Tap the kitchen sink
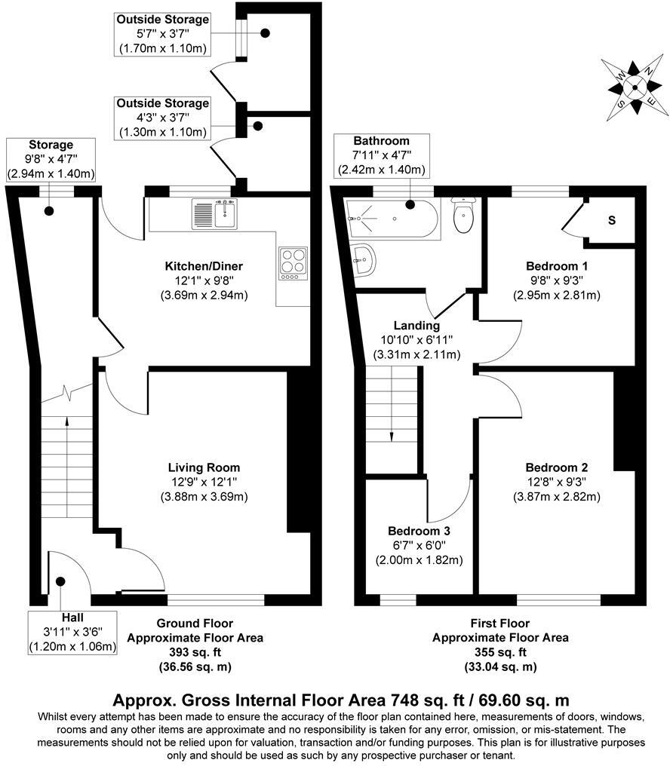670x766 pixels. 214,214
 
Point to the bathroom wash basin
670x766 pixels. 364,259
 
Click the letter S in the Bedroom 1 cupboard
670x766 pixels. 612,221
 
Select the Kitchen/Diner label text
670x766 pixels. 204,266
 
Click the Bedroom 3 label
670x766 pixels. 419,530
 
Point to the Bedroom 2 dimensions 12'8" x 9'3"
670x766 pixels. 557,481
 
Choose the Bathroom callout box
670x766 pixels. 382,155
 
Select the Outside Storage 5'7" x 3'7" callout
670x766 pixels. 162,34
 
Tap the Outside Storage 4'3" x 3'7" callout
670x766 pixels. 161,118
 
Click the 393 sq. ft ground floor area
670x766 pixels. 195,652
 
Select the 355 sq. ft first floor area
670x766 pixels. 500,652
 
